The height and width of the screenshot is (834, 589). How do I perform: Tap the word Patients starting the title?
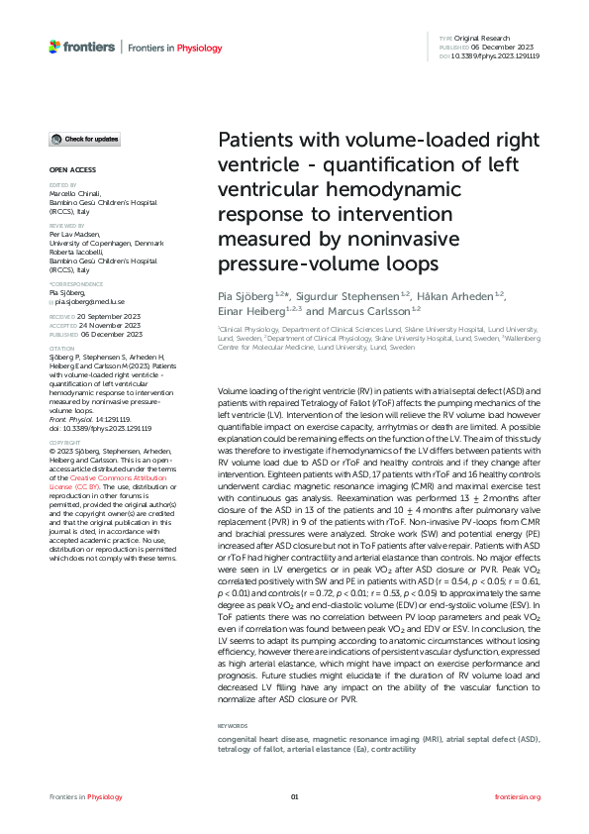tap(255, 140)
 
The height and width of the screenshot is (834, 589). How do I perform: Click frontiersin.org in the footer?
tap(517, 796)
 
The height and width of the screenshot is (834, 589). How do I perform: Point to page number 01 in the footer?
tap(294, 796)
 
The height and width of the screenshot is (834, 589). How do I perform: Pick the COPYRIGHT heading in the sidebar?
tap(64, 442)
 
